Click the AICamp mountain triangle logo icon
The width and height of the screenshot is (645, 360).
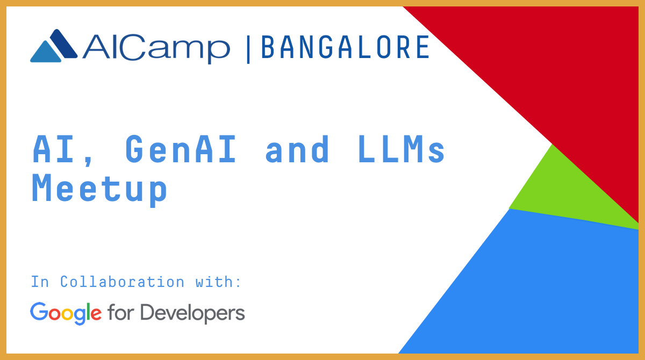pyautogui.click(x=54, y=46)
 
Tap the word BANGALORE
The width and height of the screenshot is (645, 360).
pyautogui.click(x=345, y=47)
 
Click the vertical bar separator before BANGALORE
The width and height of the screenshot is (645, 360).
pyautogui.click(x=248, y=49)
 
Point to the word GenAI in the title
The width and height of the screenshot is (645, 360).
pyautogui.click(x=181, y=149)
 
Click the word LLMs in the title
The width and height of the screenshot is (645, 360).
pyautogui.click(x=402, y=149)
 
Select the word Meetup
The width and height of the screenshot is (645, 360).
pyautogui.click(x=99, y=189)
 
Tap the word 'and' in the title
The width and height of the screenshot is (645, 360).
pyautogui.click(x=297, y=149)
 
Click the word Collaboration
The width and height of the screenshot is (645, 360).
pyautogui.click(x=122, y=282)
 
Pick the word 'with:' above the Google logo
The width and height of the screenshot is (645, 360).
pyautogui.click(x=218, y=282)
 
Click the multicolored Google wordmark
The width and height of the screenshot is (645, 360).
pyautogui.click(x=66, y=313)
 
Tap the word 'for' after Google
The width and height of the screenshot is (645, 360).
pyautogui.click(x=120, y=313)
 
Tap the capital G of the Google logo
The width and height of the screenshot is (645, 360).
pyautogui.click(x=39, y=311)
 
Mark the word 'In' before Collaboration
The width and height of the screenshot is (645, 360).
pyautogui.click(x=40, y=282)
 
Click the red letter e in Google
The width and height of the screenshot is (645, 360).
pyautogui.click(x=96, y=314)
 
